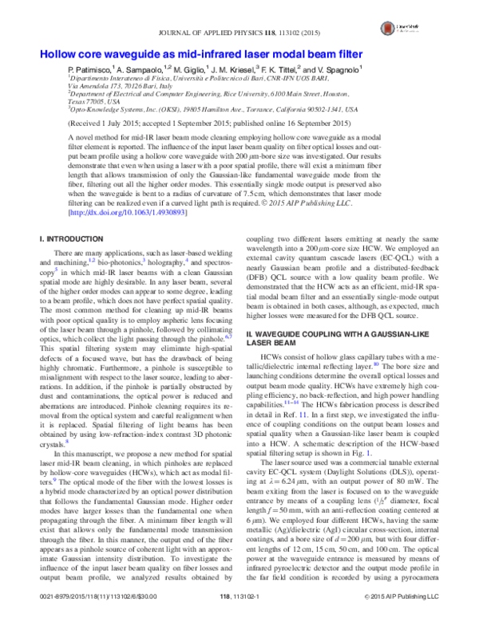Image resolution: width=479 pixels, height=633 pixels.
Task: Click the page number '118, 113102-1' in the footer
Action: tap(239, 619)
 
